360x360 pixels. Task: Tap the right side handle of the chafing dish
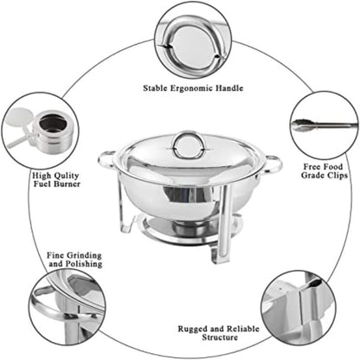tap(273, 162)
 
